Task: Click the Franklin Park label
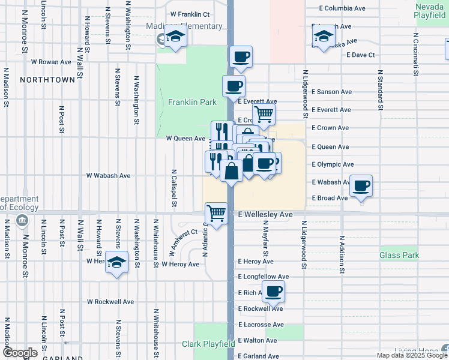[x=192, y=103]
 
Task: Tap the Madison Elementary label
[x=184, y=26]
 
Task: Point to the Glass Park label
[x=399, y=256]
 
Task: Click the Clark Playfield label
[x=208, y=344]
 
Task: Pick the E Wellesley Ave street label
[x=265, y=214]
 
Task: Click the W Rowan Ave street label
[x=52, y=62]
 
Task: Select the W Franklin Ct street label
[x=190, y=14]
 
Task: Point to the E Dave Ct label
[x=361, y=55]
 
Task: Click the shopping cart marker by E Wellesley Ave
[x=216, y=213]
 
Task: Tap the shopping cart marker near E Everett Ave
[x=263, y=113]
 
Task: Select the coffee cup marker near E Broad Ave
[x=361, y=185]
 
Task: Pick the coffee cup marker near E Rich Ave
[x=273, y=291]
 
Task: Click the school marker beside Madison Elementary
[x=175, y=37]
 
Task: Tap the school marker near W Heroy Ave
[x=116, y=263]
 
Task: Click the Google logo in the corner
[x=20, y=353]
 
